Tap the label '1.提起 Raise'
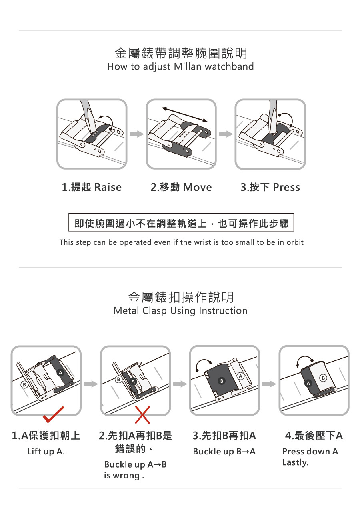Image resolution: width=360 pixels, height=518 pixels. click(92, 187)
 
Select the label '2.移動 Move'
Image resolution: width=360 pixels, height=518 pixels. click(181, 187)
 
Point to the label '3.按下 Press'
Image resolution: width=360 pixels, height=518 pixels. click(270, 187)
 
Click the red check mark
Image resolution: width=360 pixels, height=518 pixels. click(53, 415)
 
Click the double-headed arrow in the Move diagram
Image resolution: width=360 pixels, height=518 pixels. click(184, 114)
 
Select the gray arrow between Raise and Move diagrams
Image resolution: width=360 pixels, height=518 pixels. click(137, 134)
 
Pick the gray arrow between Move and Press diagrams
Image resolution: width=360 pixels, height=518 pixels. click(226, 134)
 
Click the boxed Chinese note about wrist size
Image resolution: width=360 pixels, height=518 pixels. click(181, 222)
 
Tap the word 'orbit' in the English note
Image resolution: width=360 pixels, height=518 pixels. click(295, 242)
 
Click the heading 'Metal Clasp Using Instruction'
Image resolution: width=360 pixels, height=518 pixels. click(180, 310)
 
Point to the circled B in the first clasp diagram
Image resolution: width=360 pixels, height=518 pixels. click(24, 385)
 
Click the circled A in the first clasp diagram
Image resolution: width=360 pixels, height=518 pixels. click(60, 372)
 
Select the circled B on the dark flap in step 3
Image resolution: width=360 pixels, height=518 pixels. click(222, 381)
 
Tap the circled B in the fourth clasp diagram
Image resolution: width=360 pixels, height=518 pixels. click(323, 378)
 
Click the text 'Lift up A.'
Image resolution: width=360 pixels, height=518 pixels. click(46, 451)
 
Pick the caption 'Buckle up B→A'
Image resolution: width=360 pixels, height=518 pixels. click(224, 451)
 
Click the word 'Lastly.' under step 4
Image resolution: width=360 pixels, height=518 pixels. click(295, 462)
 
